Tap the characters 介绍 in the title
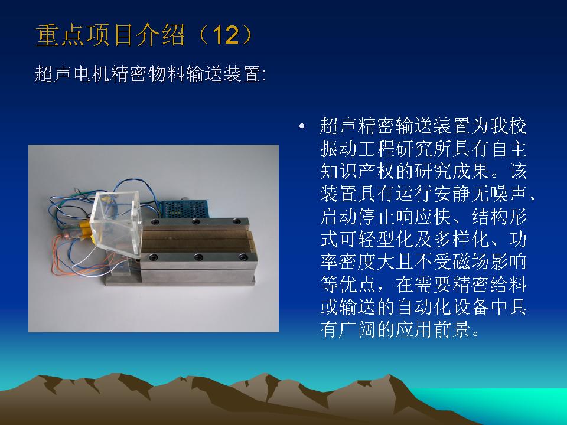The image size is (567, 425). pyautogui.click(x=160, y=35)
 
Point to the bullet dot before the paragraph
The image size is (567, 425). pyautogui.click(x=302, y=126)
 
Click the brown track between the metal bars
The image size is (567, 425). pyautogui.click(x=197, y=240)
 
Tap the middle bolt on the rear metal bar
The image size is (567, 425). pyautogui.click(x=196, y=221)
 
